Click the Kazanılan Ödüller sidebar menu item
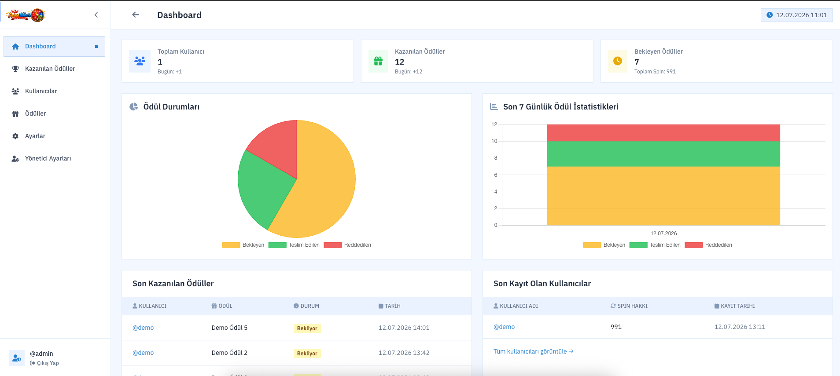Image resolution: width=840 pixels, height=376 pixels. (x=50, y=69)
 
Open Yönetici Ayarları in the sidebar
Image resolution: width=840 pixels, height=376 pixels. (x=48, y=158)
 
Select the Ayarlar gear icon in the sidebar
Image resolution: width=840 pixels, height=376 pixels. (x=15, y=136)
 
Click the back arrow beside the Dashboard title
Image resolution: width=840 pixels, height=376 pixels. (x=136, y=15)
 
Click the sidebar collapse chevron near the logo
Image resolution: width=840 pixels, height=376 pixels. (x=96, y=15)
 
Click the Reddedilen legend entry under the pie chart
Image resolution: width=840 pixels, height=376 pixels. (x=347, y=245)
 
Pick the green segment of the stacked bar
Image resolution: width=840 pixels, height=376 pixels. (x=663, y=154)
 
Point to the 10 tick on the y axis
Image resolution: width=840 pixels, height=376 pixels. (x=494, y=141)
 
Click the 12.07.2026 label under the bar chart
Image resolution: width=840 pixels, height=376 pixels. (x=663, y=234)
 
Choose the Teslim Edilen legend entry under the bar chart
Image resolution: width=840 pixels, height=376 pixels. (x=655, y=245)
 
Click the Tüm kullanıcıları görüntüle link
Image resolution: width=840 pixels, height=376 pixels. (x=534, y=351)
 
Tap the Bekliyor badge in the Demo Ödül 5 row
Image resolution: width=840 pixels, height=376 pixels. (x=307, y=329)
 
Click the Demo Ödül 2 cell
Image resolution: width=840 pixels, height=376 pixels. (x=229, y=353)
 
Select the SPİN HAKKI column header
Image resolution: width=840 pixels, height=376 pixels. (x=629, y=306)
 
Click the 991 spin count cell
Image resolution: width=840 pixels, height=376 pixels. (x=616, y=327)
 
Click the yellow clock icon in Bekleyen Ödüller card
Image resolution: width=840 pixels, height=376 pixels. (x=618, y=61)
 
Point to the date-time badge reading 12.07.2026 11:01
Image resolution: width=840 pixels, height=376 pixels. (x=797, y=15)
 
